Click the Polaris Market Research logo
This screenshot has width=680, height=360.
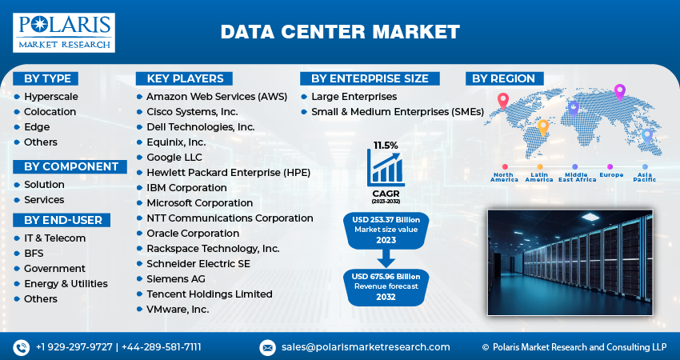pos(64,32)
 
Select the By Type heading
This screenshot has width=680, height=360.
pos(47,78)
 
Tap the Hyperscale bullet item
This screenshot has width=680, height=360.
pos(50,96)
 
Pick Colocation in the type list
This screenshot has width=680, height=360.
pos(50,111)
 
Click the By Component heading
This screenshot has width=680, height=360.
pos(70,166)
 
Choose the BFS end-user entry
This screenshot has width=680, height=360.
pos(34,253)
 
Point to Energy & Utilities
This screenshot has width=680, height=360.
pos(66,283)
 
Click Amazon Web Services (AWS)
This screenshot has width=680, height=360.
pos(216,96)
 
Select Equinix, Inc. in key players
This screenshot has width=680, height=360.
pos(176,142)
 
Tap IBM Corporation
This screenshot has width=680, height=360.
pos(186,187)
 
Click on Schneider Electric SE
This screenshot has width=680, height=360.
pos(197,263)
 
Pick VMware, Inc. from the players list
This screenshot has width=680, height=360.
pos(178,309)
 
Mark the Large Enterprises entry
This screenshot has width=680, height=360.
pos(354,96)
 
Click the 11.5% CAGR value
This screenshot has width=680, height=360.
pos(386,146)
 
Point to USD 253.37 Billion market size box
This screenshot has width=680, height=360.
pos(386,230)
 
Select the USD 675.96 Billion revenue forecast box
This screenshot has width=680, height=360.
pos(386,286)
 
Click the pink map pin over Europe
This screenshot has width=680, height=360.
pos(618,92)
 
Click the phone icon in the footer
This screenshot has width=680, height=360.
pos(21,347)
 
